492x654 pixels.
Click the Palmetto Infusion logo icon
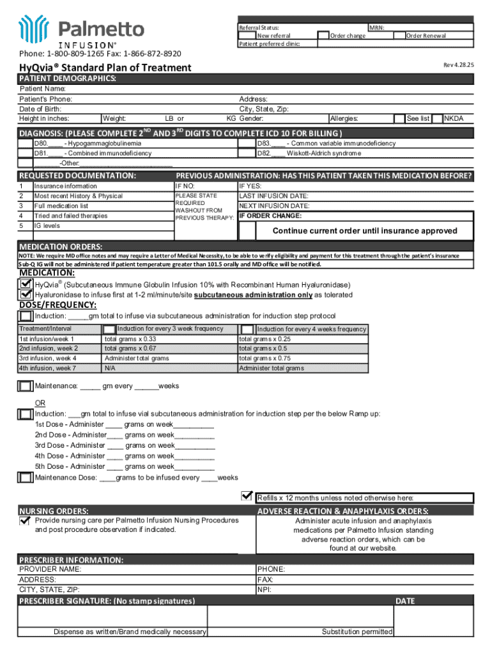pos(34,29)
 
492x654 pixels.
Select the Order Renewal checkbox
pos(399,36)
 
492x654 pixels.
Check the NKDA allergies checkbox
pos(438,118)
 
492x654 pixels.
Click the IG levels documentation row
pos(47,225)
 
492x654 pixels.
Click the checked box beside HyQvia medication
pos(26,285)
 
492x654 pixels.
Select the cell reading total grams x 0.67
pos(130,349)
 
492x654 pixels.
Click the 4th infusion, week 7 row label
pos(49,369)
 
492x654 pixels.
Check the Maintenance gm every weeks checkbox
pos(26,386)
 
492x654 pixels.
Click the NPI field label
pos(264,590)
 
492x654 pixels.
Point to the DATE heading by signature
pos(405,601)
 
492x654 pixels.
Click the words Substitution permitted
pos(357,632)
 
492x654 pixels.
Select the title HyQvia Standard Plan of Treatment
pos(105,68)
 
